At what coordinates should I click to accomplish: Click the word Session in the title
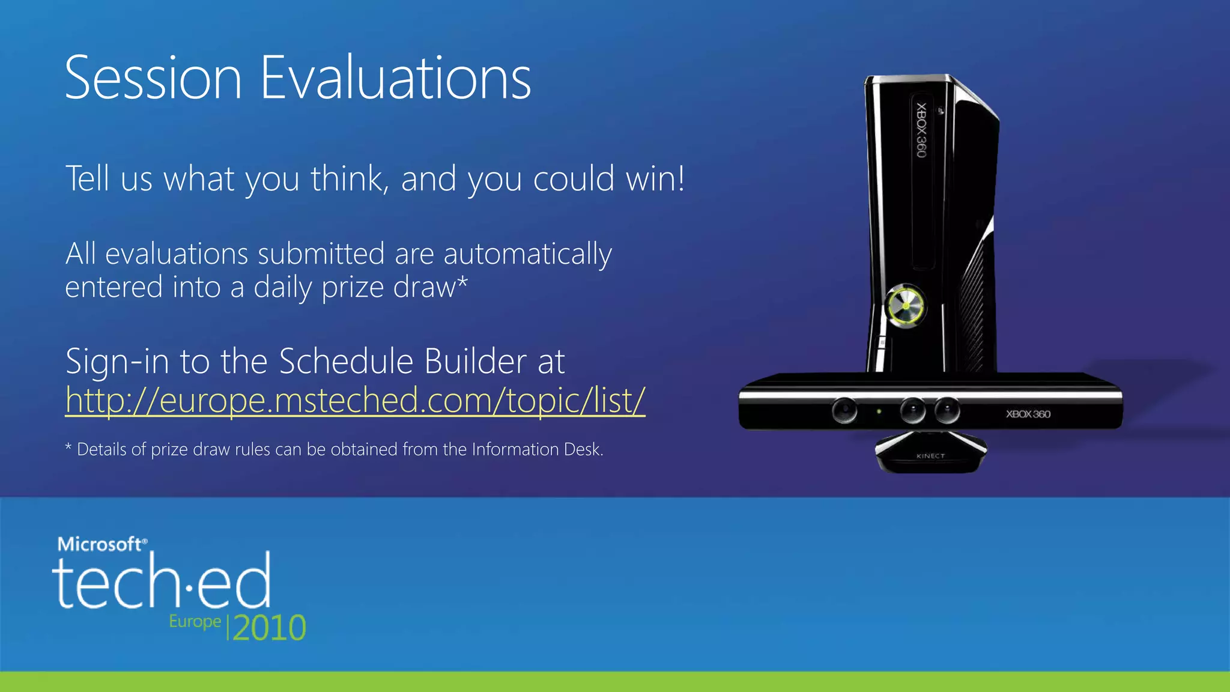coord(153,78)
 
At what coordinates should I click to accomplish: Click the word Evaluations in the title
coord(396,78)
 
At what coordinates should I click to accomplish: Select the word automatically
coord(527,255)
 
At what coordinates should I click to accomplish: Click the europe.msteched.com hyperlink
coord(355,400)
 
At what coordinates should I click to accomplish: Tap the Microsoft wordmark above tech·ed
coord(101,544)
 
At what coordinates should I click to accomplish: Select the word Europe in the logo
coord(195,621)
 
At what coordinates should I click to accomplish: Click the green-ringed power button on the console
coord(905,306)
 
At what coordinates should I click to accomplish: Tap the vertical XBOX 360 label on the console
coord(921,130)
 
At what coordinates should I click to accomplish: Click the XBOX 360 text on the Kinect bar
coord(1028,414)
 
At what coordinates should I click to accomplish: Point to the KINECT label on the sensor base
coord(930,456)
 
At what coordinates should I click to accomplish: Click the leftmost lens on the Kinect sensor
coord(844,410)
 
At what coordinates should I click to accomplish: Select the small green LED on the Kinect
coord(879,411)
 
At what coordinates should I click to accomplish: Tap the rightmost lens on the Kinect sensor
coord(947,410)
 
